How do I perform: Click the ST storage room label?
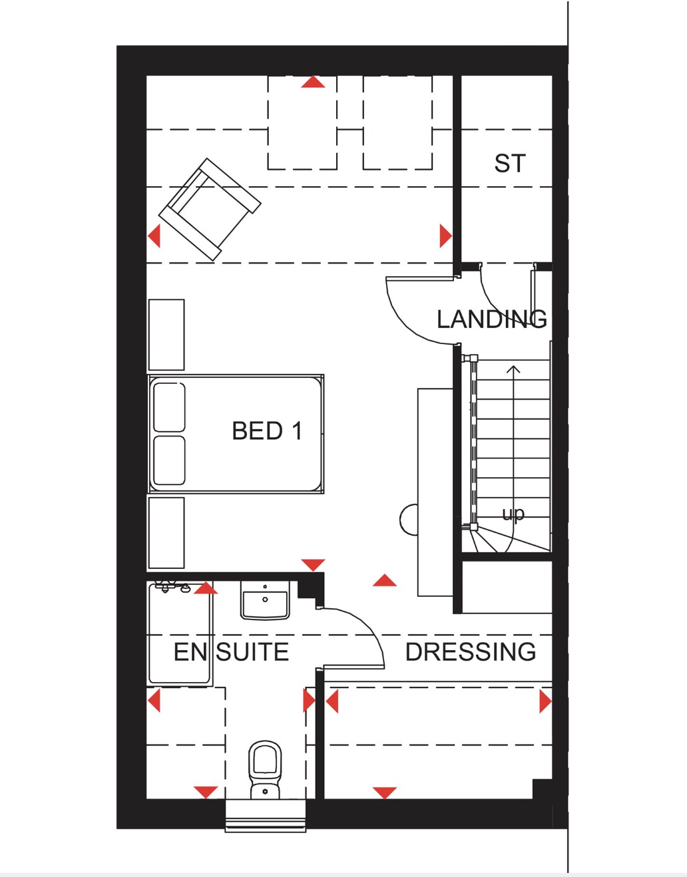510,164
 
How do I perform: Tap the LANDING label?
492,319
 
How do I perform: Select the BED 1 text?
267,431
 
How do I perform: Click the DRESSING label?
471,652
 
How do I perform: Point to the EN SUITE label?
231,652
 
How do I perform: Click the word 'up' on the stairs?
513,514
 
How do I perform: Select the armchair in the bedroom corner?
209,208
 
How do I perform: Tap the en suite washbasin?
265,601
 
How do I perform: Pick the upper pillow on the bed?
169,407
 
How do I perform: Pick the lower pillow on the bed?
169,460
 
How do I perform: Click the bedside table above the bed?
166,335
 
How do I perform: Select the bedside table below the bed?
166,532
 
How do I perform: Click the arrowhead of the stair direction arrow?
513,369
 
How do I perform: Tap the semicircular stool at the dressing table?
409,520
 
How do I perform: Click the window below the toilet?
266,816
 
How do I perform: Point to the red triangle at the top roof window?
313,83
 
